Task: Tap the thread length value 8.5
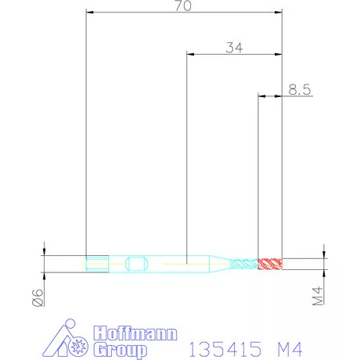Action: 300,90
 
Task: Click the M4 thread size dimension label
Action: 318,296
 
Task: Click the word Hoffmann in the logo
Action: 135,332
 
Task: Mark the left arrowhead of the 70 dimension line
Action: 89,13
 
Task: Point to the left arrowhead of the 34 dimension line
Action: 189,54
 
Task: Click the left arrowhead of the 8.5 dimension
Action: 262,96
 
